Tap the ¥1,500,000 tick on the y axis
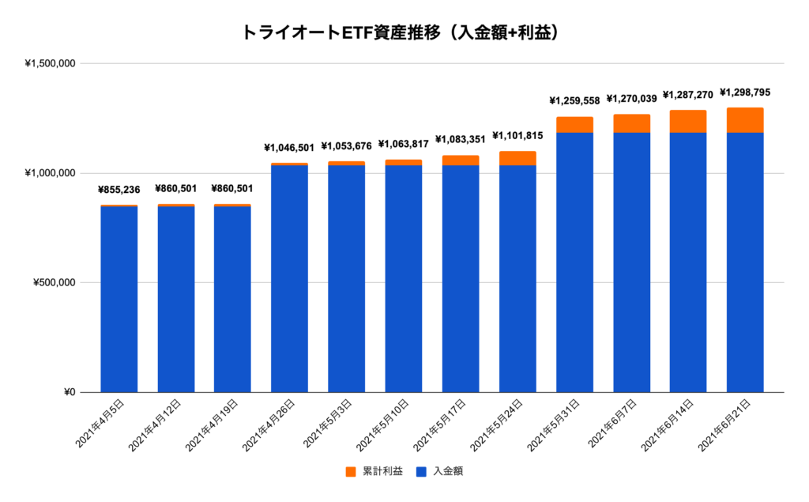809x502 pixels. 50,64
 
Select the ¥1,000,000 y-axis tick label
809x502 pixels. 50,173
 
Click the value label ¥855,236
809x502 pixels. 119,190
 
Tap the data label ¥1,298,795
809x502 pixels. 744,92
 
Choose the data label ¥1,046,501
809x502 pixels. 289,148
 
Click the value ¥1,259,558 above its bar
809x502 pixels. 574,101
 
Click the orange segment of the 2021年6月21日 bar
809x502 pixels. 745,120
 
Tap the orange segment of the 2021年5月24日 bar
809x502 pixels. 517,159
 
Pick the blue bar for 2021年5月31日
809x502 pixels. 574,262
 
